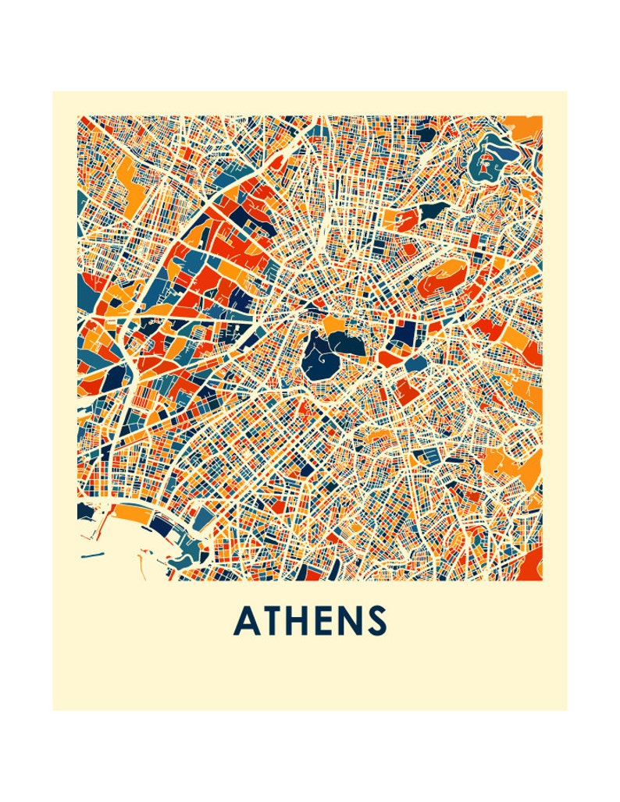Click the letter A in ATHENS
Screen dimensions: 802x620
pyautogui.click(x=248, y=621)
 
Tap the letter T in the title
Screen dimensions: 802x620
pyautogui.click(x=273, y=621)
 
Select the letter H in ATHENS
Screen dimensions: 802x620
pyautogui.click(x=299, y=621)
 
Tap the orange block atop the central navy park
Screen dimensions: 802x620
pyautogui.click(x=335, y=324)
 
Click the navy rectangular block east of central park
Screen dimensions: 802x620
pyautogui.click(x=404, y=335)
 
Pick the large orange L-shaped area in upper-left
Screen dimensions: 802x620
pyautogui.click(x=125, y=168)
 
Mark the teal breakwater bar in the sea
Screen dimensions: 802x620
pyautogui.click(x=92, y=555)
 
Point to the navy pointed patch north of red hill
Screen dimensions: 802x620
pyautogui.click(x=433, y=211)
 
